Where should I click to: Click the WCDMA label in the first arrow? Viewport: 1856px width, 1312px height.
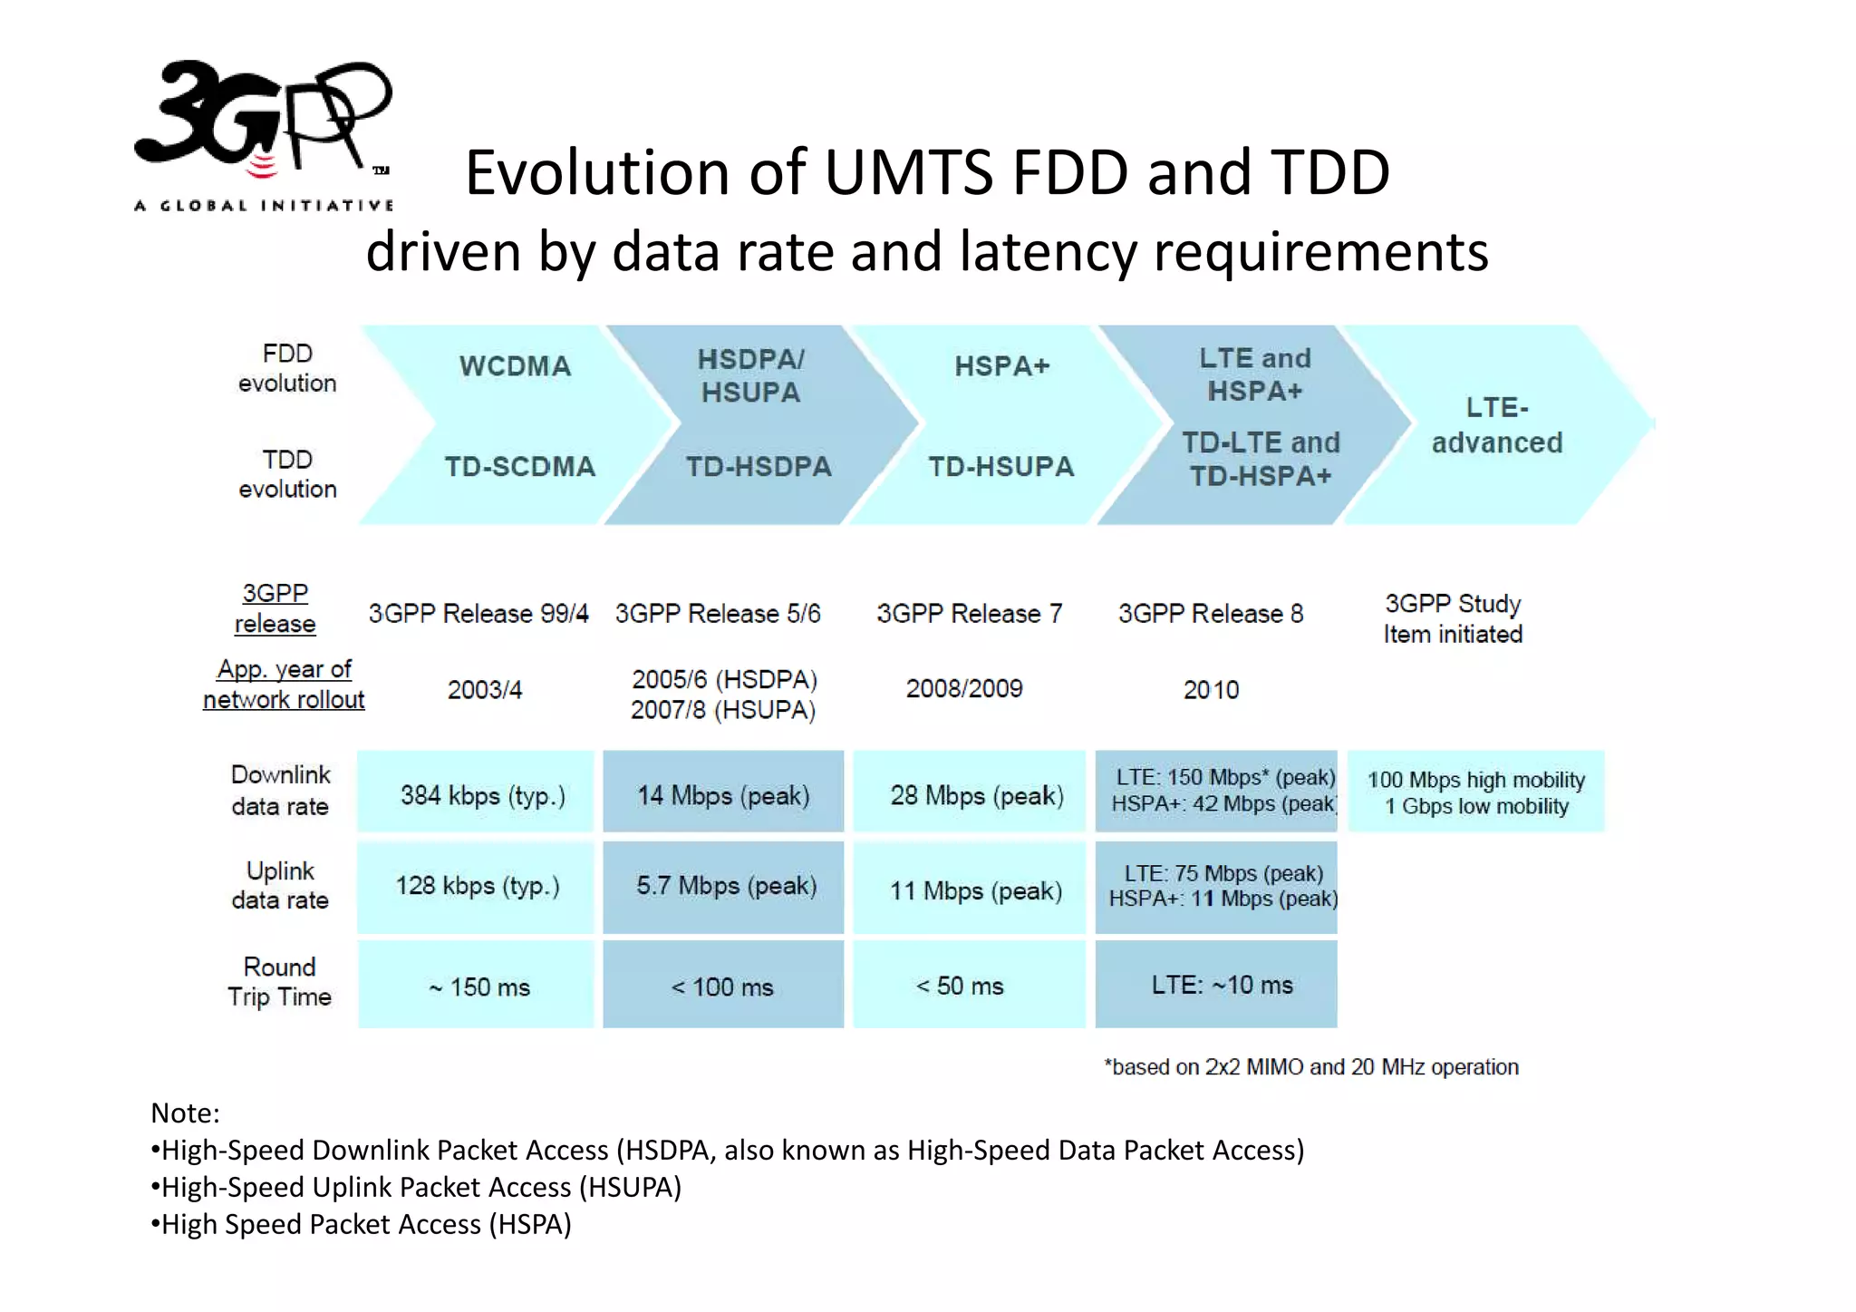(x=515, y=366)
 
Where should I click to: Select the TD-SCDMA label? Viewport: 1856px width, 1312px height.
(x=519, y=467)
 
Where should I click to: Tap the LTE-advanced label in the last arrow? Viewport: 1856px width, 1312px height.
(x=1496, y=425)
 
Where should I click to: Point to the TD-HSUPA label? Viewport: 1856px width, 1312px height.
(x=1000, y=467)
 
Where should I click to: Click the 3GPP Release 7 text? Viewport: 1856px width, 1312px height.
(x=968, y=614)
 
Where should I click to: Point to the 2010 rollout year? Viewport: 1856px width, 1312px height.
(x=1211, y=690)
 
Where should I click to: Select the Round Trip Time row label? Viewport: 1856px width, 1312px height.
(x=279, y=982)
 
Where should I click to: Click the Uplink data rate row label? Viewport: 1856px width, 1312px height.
(x=279, y=885)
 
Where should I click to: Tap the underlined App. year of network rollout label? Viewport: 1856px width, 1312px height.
(x=284, y=685)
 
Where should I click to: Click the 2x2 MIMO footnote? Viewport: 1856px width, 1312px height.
(x=1310, y=1067)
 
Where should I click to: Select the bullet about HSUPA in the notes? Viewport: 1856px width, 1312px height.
(x=417, y=1187)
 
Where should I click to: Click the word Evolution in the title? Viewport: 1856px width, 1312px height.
(x=598, y=172)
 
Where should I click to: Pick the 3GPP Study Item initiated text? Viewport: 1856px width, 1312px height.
(x=1452, y=618)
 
